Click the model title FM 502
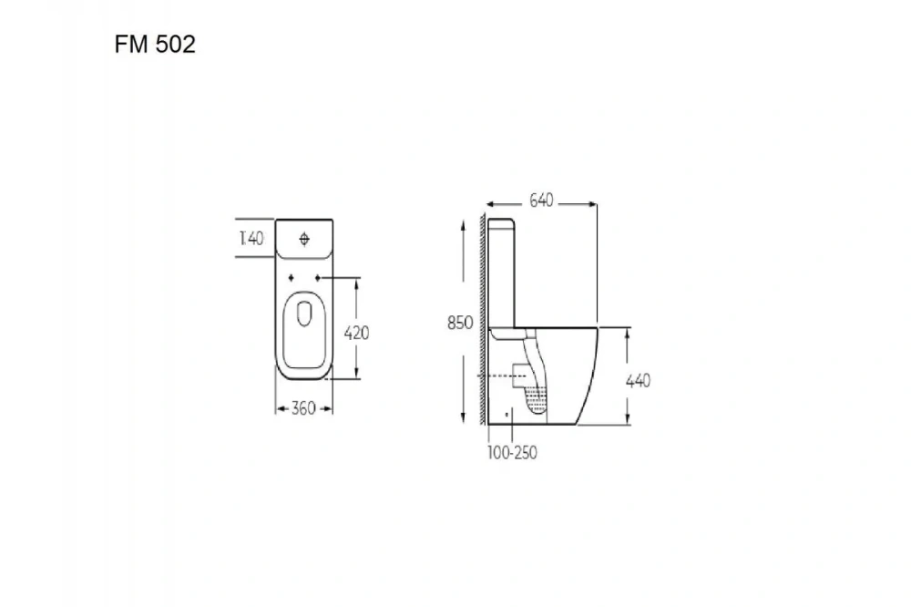click(155, 44)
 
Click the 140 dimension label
click(251, 239)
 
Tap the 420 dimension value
click(357, 334)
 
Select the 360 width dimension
click(303, 408)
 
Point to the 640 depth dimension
click(541, 201)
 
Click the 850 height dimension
click(460, 323)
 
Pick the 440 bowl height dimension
click(638, 381)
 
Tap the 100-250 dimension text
click(512, 452)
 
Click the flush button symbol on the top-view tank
click(304, 239)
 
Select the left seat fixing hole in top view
click(292, 278)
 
